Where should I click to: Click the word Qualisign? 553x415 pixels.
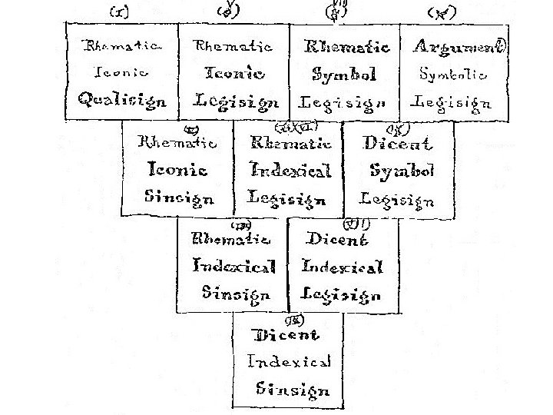pos(122,100)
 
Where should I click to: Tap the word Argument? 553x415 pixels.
pos(456,47)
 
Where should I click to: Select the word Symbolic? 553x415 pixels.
pos(453,75)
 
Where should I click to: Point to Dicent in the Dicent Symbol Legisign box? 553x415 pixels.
pos(397,143)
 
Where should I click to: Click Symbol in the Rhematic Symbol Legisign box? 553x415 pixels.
pos(345,74)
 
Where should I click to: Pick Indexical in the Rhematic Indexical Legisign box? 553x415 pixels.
pos(290,170)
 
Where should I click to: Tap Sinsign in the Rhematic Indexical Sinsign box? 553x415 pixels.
pos(236,293)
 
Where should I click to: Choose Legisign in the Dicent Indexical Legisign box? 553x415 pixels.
pos(340,294)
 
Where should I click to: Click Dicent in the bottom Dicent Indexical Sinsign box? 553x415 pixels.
pos(286,335)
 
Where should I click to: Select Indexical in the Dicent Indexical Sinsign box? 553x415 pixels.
pos(289,361)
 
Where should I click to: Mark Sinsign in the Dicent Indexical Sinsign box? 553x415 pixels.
pos(293,389)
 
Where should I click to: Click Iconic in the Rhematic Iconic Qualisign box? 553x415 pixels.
pos(121,73)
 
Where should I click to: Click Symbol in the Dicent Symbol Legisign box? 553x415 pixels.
pos(402,171)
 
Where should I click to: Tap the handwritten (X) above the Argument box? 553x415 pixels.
pos(441,12)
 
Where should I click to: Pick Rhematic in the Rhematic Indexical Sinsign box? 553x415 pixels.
pos(230,238)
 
